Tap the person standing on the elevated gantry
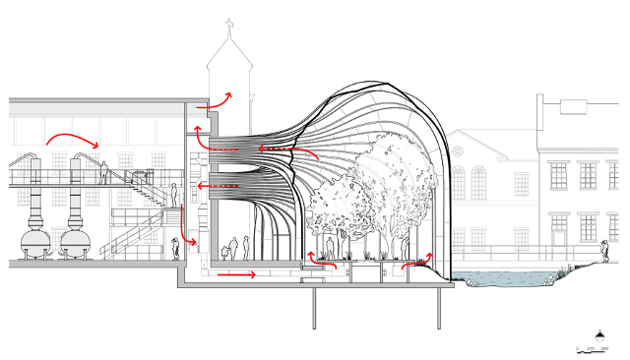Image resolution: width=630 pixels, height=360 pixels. tap(102, 173)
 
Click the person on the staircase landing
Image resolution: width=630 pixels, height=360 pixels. tap(173, 195)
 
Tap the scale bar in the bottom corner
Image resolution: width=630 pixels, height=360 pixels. tap(594, 349)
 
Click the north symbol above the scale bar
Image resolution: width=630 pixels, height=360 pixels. tap(599, 332)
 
